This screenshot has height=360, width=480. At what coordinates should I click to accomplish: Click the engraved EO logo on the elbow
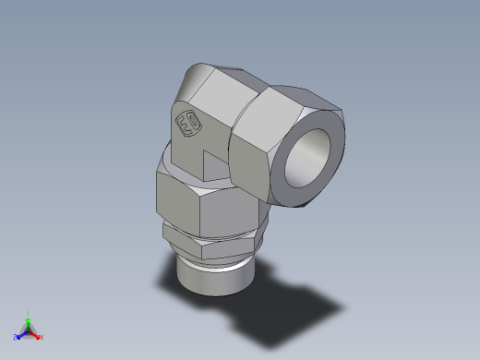tap(189, 123)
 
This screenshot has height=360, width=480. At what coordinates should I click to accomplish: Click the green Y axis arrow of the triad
tap(29, 319)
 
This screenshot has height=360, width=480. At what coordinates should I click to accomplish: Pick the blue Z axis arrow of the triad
tap(21, 335)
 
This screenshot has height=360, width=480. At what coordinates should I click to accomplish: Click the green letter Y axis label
tap(29, 313)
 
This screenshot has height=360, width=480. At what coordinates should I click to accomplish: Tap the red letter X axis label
tap(42, 338)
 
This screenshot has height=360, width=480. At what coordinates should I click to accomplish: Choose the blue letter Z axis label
tap(16, 338)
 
